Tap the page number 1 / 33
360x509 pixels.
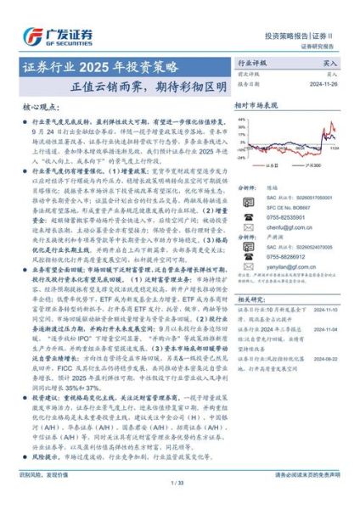(x=178, y=482)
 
